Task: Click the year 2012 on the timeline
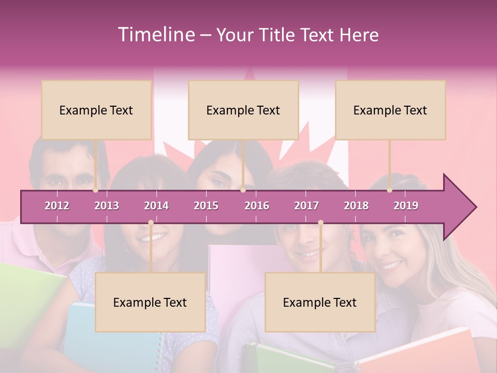point(57,206)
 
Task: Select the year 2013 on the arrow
point(107,206)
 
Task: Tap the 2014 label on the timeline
point(156,206)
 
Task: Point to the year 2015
point(206,206)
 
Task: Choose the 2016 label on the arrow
point(257,206)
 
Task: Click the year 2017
point(306,206)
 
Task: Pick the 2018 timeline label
point(356,206)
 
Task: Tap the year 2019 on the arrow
point(406,206)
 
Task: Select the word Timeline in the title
point(155,35)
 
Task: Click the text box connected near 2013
point(96,110)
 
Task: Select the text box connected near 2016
point(243,110)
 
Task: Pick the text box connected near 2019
point(390,110)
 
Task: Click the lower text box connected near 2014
point(150,302)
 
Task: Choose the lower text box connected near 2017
point(320,302)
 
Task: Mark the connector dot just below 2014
point(151,223)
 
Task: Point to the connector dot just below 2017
point(320,223)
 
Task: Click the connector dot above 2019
point(390,190)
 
